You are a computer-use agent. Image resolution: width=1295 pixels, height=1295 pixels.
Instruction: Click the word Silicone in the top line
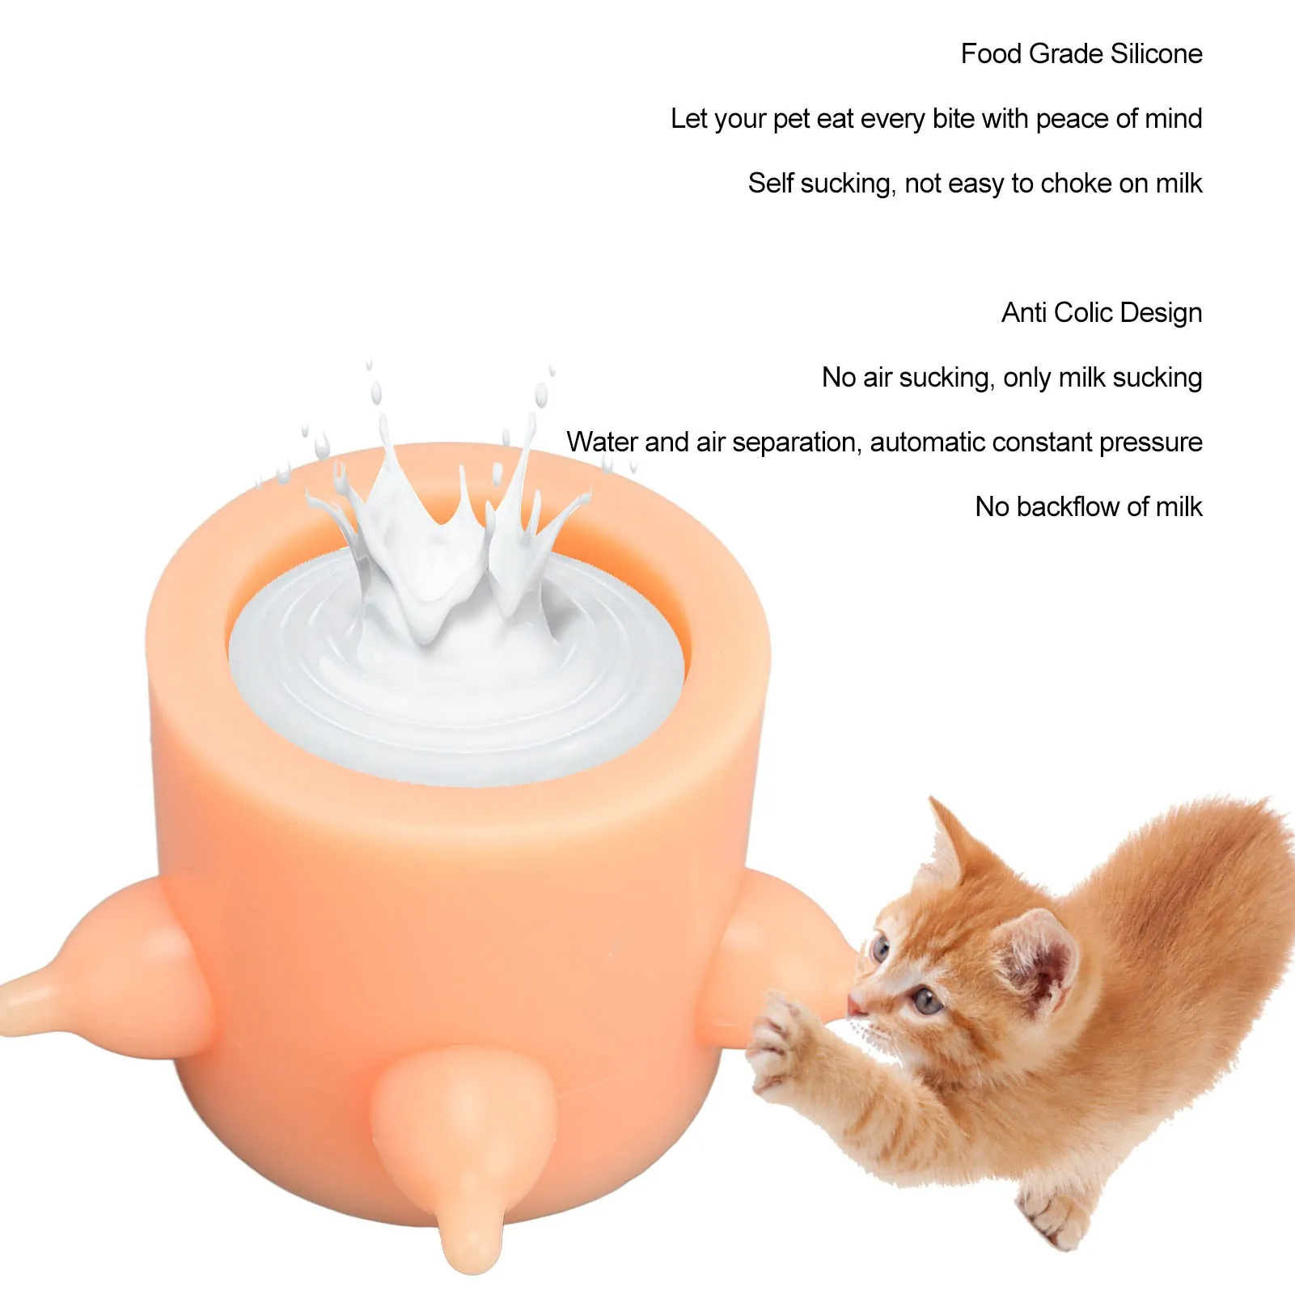[x=1156, y=53]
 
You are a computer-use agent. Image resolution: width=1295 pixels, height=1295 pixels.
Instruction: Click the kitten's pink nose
[x=855, y=1005]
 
